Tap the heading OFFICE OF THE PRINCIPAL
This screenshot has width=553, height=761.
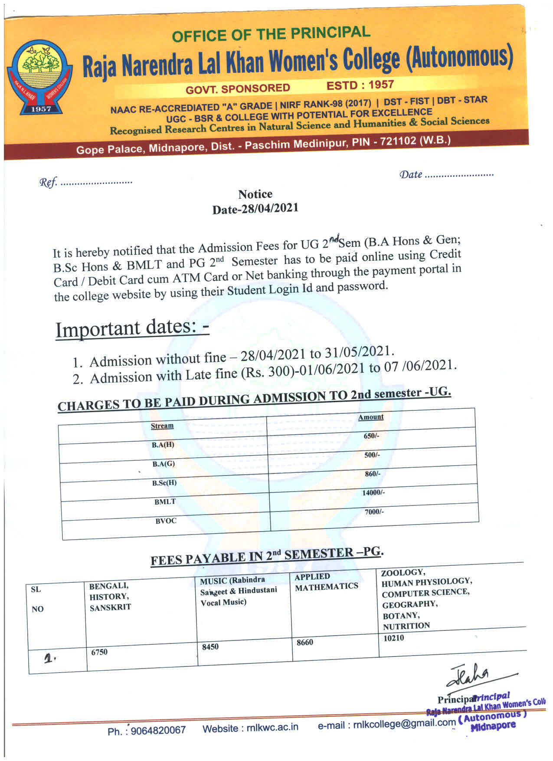click(x=271, y=33)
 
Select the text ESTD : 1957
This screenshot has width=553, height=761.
click(x=360, y=85)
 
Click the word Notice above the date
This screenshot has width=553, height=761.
click(x=255, y=194)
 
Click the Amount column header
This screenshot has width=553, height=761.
click(x=371, y=417)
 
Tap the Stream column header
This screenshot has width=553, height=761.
click(x=162, y=426)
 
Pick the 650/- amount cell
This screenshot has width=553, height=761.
click(x=371, y=436)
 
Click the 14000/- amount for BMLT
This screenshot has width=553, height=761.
click(x=373, y=492)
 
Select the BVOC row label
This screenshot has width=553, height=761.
click(x=166, y=521)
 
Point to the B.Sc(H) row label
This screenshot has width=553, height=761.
click(x=164, y=483)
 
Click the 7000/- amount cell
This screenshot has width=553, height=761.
click(x=374, y=512)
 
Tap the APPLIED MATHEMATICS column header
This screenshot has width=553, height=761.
click(x=326, y=581)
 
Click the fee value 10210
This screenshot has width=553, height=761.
click(x=393, y=638)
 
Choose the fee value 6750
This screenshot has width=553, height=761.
click(x=99, y=652)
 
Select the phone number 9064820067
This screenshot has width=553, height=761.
click(x=158, y=730)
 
